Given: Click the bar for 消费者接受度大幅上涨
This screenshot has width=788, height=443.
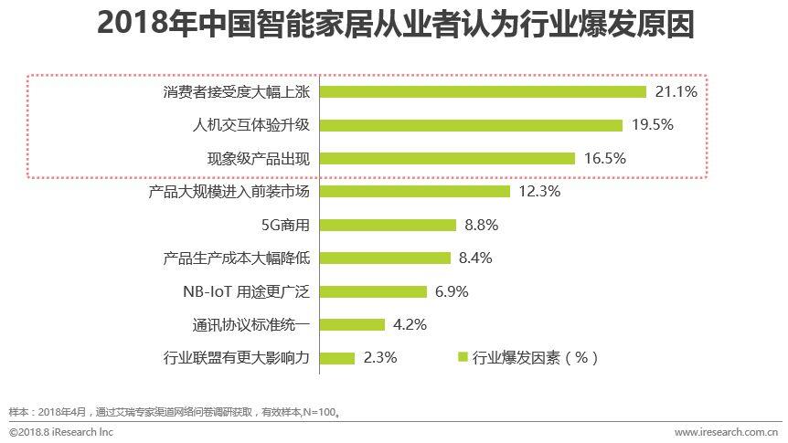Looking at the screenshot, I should pos(484,91).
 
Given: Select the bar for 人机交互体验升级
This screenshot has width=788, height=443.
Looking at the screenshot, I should pos(472,125).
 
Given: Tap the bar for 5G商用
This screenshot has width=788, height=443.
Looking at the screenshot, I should pos(389,225).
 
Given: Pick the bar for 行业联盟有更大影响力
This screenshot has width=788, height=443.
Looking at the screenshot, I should pos(338,358).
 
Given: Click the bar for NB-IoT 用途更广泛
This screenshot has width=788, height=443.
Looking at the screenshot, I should pos(374,291).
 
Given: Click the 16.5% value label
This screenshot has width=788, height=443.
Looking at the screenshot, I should pos(604,158).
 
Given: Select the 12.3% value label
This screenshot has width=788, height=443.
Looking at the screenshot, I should pos(538,192).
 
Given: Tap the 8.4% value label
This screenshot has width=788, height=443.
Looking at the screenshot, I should pos(476,258).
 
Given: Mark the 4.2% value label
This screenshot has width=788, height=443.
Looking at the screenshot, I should pos(410,325).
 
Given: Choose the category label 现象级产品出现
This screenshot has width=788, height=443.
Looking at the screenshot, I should pos(259,158).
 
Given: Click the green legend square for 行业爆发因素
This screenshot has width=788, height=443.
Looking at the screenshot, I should pos(463,357).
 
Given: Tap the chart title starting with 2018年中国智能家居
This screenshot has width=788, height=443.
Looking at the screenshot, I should pos(394,25).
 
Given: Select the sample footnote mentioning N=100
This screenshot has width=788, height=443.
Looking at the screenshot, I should pos(175,411).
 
